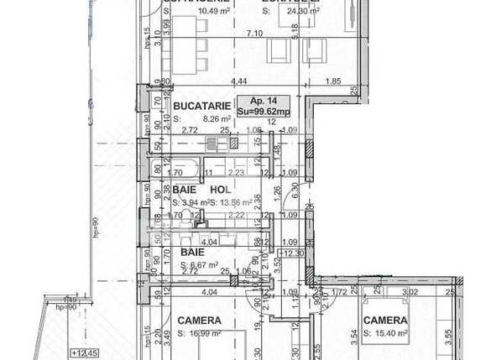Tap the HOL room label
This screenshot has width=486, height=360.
point(219,190)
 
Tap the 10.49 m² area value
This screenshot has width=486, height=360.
point(195,12)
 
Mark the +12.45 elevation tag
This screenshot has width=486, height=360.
point(85,352)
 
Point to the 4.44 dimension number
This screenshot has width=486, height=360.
point(238,81)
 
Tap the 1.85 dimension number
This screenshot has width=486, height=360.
point(332,81)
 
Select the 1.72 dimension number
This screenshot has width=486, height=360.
point(340,292)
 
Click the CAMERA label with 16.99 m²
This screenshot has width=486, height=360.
point(199,320)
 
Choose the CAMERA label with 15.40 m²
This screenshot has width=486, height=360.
point(385,320)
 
